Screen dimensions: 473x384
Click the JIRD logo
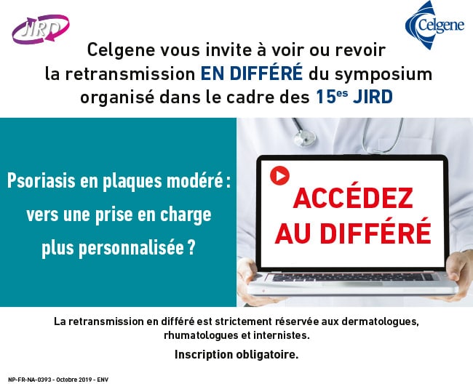point(41,30)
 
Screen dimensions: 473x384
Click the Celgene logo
point(434,25)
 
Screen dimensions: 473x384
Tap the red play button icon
point(279,175)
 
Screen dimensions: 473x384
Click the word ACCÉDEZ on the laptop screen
point(353,199)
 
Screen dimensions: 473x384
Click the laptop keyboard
point(353,277)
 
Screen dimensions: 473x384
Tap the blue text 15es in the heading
point(332,97)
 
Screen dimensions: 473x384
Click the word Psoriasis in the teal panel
point(41,181)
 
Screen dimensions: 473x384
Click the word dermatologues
point(380,322)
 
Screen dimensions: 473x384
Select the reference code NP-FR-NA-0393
point(30,380)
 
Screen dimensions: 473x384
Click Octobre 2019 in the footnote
point(74,380)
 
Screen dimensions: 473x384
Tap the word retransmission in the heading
point(130,74)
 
